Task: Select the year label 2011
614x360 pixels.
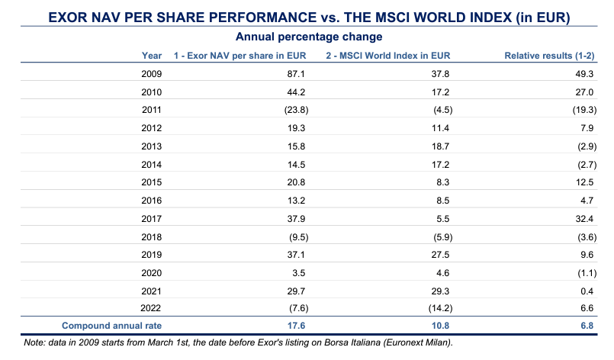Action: [x=152, y=109]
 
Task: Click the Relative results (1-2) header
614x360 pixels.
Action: [x=550, y=55]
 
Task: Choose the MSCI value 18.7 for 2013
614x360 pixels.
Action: [x=443, y=146]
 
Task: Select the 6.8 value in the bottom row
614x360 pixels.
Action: [x=587, y=325]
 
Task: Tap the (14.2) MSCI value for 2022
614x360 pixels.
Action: [x=439, y=307]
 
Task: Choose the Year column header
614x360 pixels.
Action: [x=152, y=55]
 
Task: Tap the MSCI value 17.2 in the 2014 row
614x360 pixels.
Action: [x=443, y=163]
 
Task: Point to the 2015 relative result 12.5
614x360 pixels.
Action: [x=585, y=182]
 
